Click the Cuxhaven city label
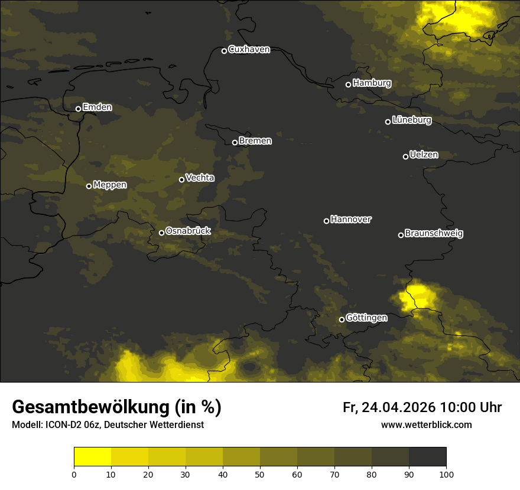249,50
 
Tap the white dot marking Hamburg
348,84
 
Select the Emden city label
97,107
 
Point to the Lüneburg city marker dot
388,122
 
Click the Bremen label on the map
255,141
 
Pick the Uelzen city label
424,155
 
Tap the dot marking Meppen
89,186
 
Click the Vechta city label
200,178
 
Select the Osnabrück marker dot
161,233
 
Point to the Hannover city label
351,220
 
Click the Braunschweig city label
434,234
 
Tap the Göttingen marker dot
342,319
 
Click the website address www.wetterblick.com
426,424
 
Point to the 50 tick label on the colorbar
260,474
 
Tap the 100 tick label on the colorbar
446,474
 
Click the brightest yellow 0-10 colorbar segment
92,456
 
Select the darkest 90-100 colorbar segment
427,456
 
